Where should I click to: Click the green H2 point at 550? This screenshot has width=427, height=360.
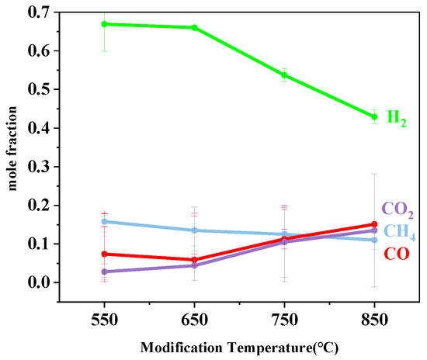point(104,24)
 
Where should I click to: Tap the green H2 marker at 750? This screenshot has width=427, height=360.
point(285,75)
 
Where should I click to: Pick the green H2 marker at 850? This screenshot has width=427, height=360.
point(375,116)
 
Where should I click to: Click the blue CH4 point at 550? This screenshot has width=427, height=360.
point(104,221)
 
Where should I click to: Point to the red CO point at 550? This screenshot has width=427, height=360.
point(104,254)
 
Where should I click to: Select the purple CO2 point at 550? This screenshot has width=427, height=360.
point(104,272)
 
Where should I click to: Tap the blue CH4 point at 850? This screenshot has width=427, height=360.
point(375,240)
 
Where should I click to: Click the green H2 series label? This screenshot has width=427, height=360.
point(396,119)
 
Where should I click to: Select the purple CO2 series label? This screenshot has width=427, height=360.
point(396,209)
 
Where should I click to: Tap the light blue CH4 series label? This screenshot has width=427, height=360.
point(398,234)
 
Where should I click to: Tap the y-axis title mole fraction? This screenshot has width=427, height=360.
point(12,147)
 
